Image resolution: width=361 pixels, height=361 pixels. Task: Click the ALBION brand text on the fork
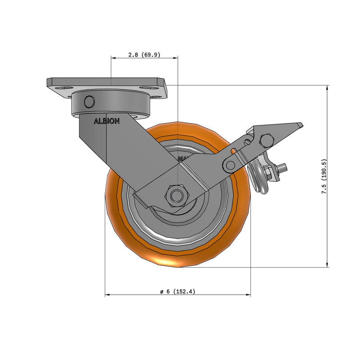point(106,121)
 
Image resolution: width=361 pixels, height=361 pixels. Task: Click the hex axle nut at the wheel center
point(176,195)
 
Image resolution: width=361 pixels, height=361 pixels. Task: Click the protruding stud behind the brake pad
point(283,167)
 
